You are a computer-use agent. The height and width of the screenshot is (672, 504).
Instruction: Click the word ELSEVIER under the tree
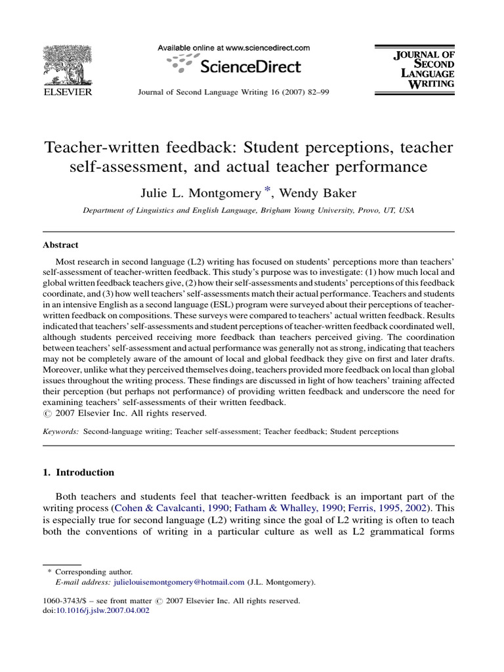(68, 93)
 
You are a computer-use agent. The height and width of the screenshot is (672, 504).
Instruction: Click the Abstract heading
(60, 245)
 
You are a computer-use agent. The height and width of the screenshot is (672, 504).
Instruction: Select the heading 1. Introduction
(78, 472)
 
